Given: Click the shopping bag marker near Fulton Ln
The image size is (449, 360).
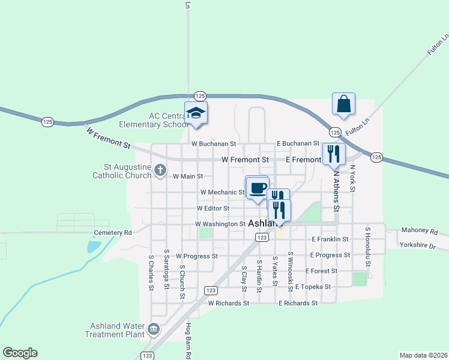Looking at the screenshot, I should click(x=343, y=104).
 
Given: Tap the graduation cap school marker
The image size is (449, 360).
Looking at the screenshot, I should click(x=196, y=112).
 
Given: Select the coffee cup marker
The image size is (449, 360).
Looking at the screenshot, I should click(x=258, y=187).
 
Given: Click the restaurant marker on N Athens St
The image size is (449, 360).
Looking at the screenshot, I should click(x=334, y=153).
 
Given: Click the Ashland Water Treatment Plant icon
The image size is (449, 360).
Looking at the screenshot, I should click(x=154, y=329).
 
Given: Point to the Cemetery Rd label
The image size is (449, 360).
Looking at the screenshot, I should click(x=112, y=233).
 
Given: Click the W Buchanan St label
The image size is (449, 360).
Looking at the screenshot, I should click(x=214, y=144).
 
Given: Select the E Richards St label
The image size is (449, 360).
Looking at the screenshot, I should click(x=298, y=304).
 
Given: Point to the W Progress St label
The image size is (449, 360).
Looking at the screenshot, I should click(x=196, y=256).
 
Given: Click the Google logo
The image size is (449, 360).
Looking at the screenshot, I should click(x=20, y=353).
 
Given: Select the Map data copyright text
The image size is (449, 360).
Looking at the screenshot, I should click(x=424, y=355).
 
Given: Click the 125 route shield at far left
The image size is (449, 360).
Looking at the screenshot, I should click(x=48, y=122).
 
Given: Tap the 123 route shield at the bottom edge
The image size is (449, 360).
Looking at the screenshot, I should click(x=148, y=356).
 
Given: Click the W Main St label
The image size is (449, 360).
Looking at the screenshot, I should click(x=188, y=176).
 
